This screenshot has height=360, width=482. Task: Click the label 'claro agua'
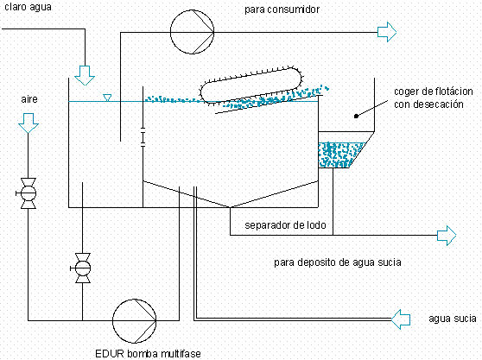coord(28,7)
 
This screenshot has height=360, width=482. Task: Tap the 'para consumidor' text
coord(282,9)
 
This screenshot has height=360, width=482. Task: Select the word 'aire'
coord(29,99)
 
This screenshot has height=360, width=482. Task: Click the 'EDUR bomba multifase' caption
coord(148,354)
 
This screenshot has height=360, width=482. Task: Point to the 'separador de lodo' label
coord(285,225)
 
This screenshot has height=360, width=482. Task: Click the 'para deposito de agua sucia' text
coord(338,262)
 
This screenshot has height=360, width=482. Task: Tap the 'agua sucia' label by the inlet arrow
coord(453,319)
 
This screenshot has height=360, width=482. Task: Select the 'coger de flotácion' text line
coord(434,92)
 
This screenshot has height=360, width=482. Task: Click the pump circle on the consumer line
coord(192,32)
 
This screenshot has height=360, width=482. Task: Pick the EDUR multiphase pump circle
coord(135,321)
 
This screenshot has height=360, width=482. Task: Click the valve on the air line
coord(29,193)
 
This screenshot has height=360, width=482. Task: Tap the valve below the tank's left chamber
coord(83,268)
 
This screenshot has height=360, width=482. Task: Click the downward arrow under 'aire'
coord(29,123)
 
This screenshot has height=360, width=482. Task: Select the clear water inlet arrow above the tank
coord(85,76)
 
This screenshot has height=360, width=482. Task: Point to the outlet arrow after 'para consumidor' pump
coord(387,32)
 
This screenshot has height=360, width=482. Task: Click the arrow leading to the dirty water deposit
coord(447,236)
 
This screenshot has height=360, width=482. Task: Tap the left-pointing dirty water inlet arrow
coord(401,319)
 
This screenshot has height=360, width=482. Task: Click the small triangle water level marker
coord(107,98)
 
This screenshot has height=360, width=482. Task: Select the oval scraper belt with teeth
coord(251,85)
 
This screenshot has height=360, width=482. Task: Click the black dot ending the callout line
coord(356,116)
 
